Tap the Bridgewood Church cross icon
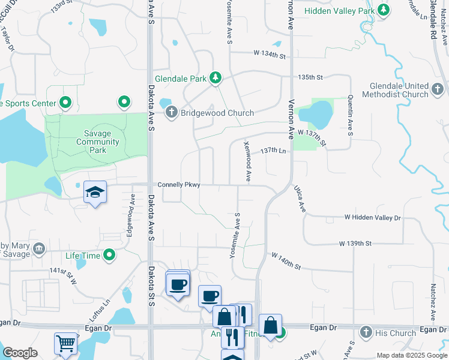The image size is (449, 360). (170, 113)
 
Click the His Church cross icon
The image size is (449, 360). (366, 332)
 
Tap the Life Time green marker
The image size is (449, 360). (109, 256)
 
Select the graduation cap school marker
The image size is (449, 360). (95, 193)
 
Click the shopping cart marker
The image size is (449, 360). (65, 343)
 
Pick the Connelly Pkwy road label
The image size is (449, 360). (179, 185)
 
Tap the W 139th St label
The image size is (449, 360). (355, 243)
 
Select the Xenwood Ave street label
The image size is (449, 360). (247, 162)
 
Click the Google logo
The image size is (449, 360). (20, 353)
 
